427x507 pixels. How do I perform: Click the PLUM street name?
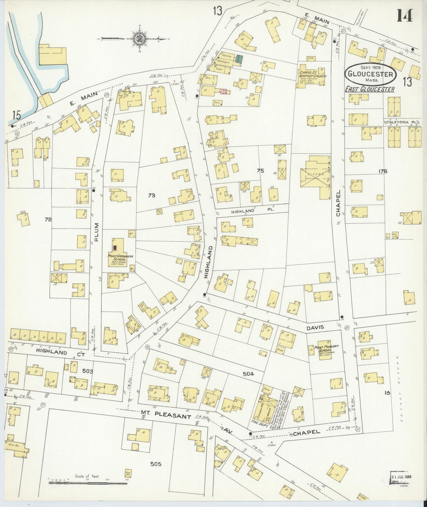[98, 232]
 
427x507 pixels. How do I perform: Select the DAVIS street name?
[315, 327]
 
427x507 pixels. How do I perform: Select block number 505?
[155, 464]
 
